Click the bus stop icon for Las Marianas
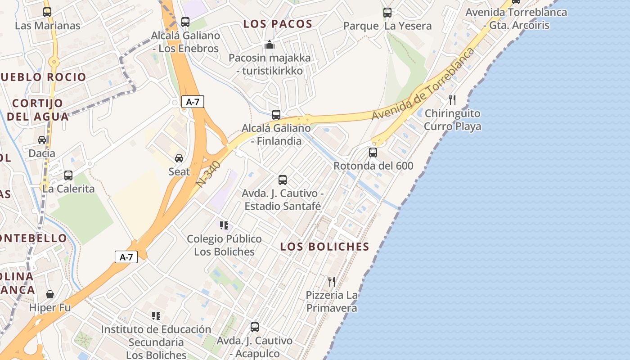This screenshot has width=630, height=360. click(47, 12)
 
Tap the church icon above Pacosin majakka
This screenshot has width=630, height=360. click(270, 45)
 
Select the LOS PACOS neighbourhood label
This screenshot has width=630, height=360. click(278, 24)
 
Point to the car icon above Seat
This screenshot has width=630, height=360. click(179, 158)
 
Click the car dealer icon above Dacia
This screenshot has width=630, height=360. click(42, 140)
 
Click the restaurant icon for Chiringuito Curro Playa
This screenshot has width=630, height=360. click(452, 99)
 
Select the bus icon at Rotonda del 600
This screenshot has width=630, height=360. click(373, 153)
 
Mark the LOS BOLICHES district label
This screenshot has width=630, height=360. click(324, 247)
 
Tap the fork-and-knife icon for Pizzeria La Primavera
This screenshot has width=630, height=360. click(332, 282)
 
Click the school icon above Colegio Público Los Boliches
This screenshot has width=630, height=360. click(224, 225)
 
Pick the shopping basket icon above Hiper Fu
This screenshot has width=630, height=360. click(50, 294)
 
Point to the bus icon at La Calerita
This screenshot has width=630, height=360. click(68, 175)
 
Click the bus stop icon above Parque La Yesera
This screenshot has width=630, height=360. click(387, 13)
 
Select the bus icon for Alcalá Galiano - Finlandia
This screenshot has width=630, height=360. click(276, 115)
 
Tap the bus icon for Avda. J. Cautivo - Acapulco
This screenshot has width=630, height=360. click(255, 327)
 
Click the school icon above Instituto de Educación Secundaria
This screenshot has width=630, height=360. click(156, 316)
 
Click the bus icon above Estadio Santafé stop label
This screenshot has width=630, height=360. click(283, 180)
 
